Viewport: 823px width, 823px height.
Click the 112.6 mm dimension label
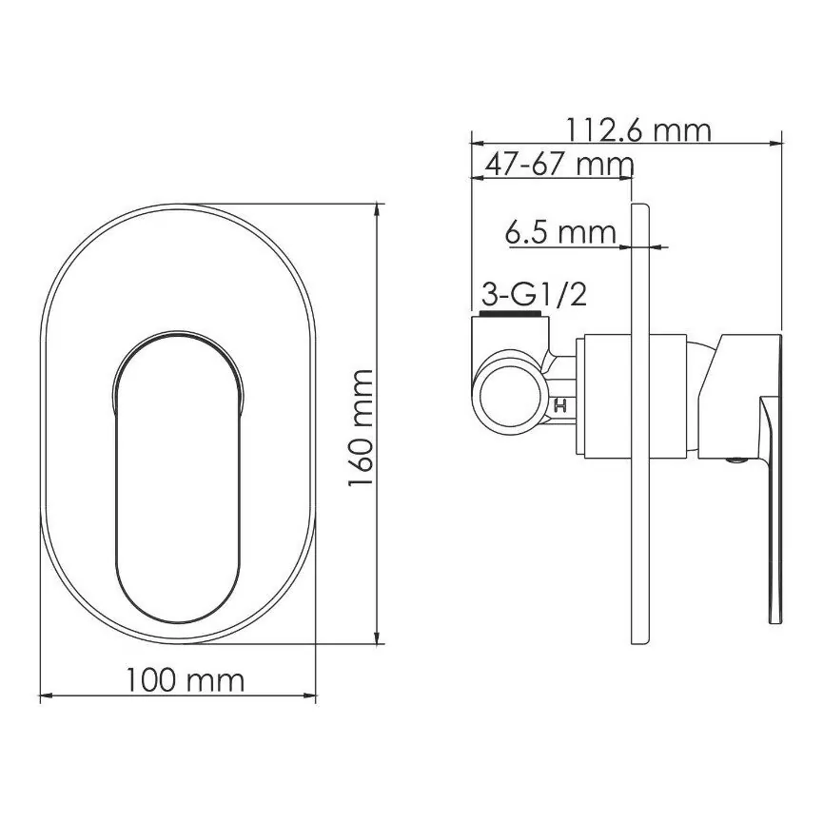tap(638, 130)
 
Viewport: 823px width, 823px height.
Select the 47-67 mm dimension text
tap(559, 165)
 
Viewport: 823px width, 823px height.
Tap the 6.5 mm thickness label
tap(560, 232)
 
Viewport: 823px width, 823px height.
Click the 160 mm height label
tap(361, 428)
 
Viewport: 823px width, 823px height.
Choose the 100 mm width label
tap(186, 680)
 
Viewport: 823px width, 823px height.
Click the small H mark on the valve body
tap(560, 405)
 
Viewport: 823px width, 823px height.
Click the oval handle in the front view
tap(177, 477)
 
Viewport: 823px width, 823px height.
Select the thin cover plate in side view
tap(639, 424)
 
